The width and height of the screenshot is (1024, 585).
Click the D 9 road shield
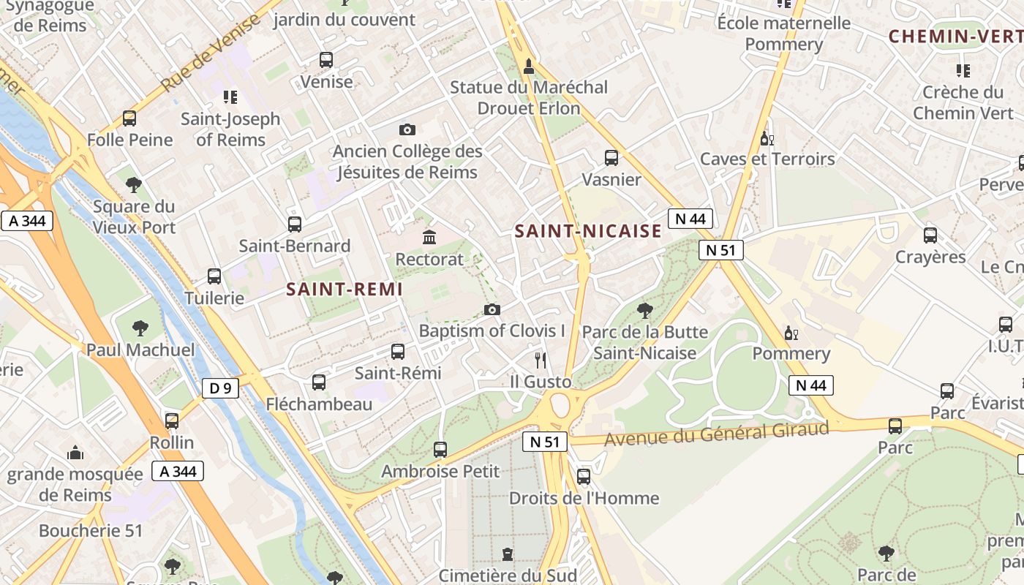(x=220, y=388)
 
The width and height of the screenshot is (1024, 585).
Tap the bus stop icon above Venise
(x=326, y=60)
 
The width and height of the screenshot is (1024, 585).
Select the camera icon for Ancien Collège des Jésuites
(x=407, y=129)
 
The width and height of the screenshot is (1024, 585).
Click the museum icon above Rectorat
(x=429, y=237)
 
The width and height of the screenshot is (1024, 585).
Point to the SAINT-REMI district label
(x=345, y=290)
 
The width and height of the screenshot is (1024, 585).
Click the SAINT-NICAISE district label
(x=588, y=232)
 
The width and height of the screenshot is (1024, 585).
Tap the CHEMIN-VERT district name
(x=955, y=36)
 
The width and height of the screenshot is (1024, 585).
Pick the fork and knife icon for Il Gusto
(x=541, y=360)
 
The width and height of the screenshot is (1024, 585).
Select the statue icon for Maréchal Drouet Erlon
(x=529, y=67)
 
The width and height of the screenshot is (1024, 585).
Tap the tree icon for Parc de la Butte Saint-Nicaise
(x=644, y=311)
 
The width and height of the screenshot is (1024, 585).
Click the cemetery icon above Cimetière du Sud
(x=508, y=554)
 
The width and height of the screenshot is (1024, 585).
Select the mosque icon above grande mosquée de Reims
(x=75, y=453)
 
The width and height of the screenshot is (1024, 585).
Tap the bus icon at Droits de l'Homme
(x=584, y=477)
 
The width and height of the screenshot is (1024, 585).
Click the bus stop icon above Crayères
(x=930, y=235)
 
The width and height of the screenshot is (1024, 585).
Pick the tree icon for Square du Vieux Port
(x=133, y=185)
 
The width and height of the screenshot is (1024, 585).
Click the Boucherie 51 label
(x=91, y=531)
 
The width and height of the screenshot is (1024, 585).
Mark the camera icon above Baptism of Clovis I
(x=492, y=309)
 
